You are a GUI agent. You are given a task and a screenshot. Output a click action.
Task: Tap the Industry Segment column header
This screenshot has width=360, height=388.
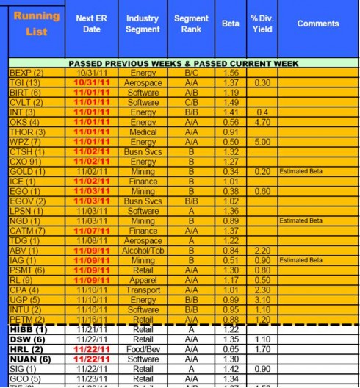(x=143, y=24)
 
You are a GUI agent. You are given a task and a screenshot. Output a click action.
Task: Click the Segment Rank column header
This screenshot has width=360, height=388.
(x=191, y=24)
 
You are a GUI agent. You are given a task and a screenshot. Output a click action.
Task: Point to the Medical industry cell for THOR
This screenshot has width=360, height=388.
(x=143, y=133)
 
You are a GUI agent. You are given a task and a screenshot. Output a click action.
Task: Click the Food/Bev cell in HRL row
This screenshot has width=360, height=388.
(x=143, y=348)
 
